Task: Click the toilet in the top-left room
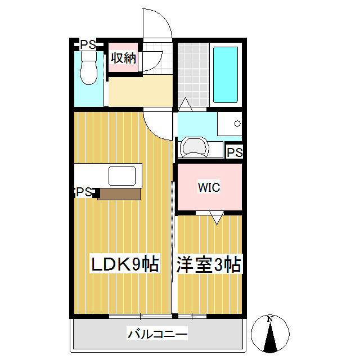tap(88, 72)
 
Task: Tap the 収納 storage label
tap(123, 57)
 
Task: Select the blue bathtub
tap(226, 74)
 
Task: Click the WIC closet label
tap(209, 187)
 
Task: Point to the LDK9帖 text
tap(124, 264)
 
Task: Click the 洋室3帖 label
tap(209, 264)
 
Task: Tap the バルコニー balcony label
tap(157, 335)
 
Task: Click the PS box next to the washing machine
tap(235, 152)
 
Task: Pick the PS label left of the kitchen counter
tap(83, 192)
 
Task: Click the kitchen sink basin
tap(123, 176)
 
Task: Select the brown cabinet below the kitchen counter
tap(119, 194)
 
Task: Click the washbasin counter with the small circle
tap(229, 123)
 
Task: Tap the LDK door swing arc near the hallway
tap(158, 125)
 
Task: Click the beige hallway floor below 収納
tap(139, 92)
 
